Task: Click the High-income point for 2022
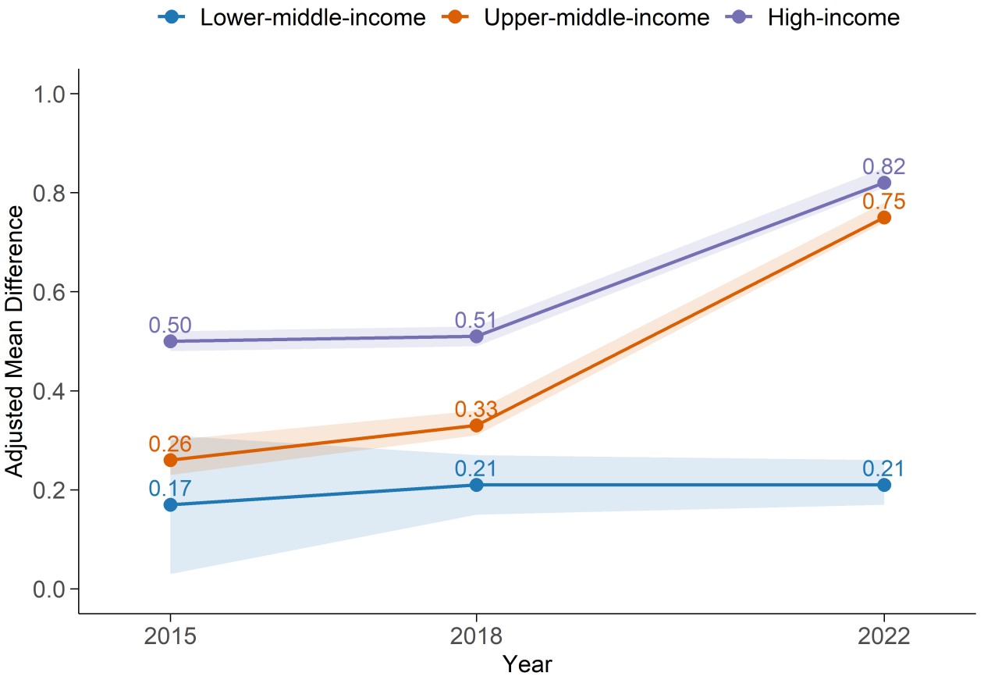point(883,183)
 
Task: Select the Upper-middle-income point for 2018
point(476,425)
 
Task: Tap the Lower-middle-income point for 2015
point(170,504)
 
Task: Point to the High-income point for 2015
point(170,341)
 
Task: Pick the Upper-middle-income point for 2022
point(883,218)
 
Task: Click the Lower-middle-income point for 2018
point(476,485)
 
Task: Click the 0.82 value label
point(883,166)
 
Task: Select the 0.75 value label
point(883,201)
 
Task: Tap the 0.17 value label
point(170,489)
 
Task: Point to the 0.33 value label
point(476,409)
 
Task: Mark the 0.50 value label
point(170,326)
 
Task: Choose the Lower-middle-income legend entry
point(292,18)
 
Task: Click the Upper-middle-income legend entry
point(575,18)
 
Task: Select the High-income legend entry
point(812,18)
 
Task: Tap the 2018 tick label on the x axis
point(476,636)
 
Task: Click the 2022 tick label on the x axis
point(883,636)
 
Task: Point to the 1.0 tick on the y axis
point(49,94)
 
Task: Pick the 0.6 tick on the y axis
point(49,292)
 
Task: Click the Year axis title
point(528,664)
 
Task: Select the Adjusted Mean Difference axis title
point(14,341)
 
